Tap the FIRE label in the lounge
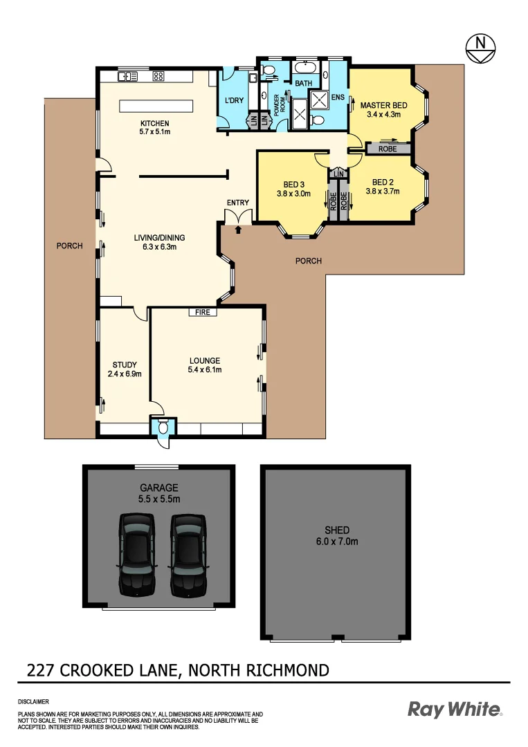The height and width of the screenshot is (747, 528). pyautogui.click(x=202, y=313)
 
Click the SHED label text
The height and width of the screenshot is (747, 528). pyautogui.click(x=337, y=530)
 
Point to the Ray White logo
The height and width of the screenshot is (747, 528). pyautogui.click(x=455, y=709)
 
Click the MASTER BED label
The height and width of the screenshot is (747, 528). pyautogui.click(x=383, y=105)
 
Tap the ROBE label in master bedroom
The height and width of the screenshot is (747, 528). pyautogui.click(x=387, y=148)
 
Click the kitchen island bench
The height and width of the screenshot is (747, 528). pyautogui.click(x=156, y=106)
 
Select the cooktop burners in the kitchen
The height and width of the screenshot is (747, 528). pyautogui.click(x=158, y=76)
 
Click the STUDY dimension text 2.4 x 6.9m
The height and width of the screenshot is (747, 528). pyautogui.click(x=125, y=374)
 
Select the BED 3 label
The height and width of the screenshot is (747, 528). pyautogui.click(x=293, y=185)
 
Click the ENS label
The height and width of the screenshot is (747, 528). pyautogui.click(x=338, y=98)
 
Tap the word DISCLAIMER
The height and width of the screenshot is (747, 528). pyautogui.click(x=34, y=701)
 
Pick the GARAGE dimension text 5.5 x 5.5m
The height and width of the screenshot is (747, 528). pyautogui.click(x=159, y=498)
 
